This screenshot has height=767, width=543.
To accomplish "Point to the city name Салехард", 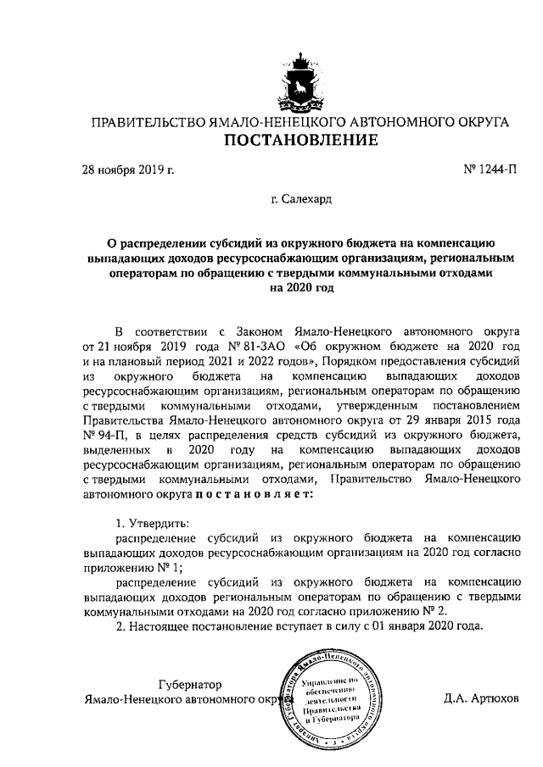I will tap(303, 203).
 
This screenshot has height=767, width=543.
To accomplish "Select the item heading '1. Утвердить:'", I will tap(152, 521).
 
